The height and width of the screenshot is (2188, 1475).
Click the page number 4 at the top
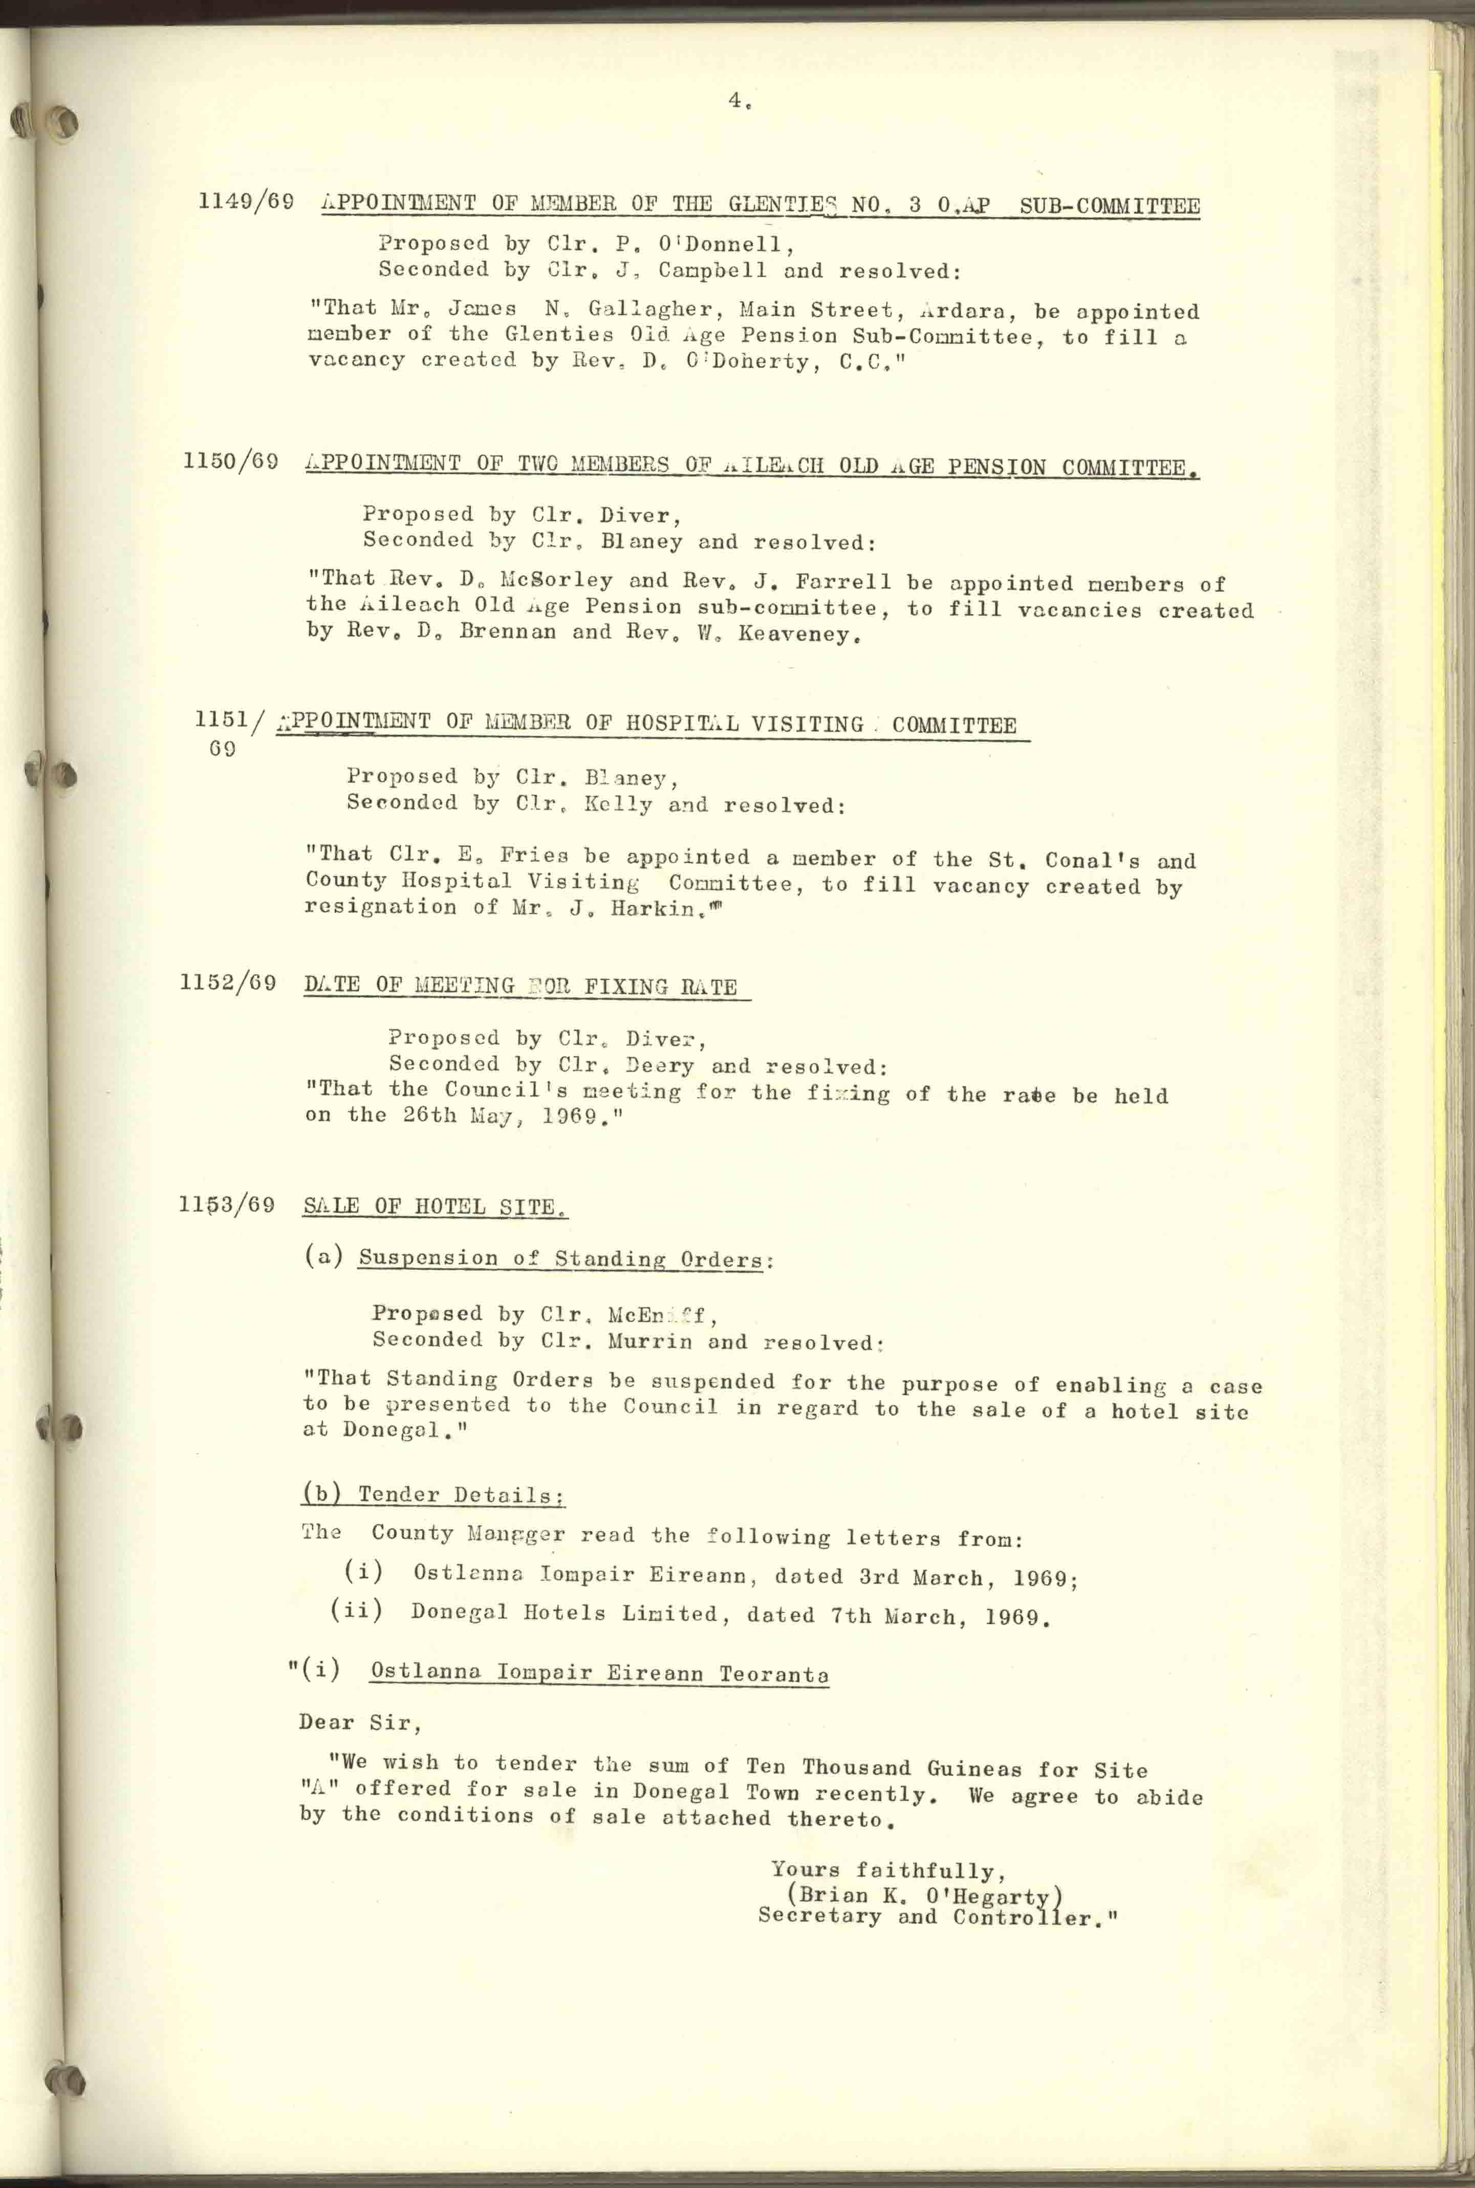coord(734,101)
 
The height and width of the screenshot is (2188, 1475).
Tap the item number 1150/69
coord(230,462)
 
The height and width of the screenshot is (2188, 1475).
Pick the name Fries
coord(534,856)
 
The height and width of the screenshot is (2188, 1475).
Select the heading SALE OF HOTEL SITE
coord(435,1207)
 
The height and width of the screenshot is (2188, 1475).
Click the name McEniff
coord(664,1315)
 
